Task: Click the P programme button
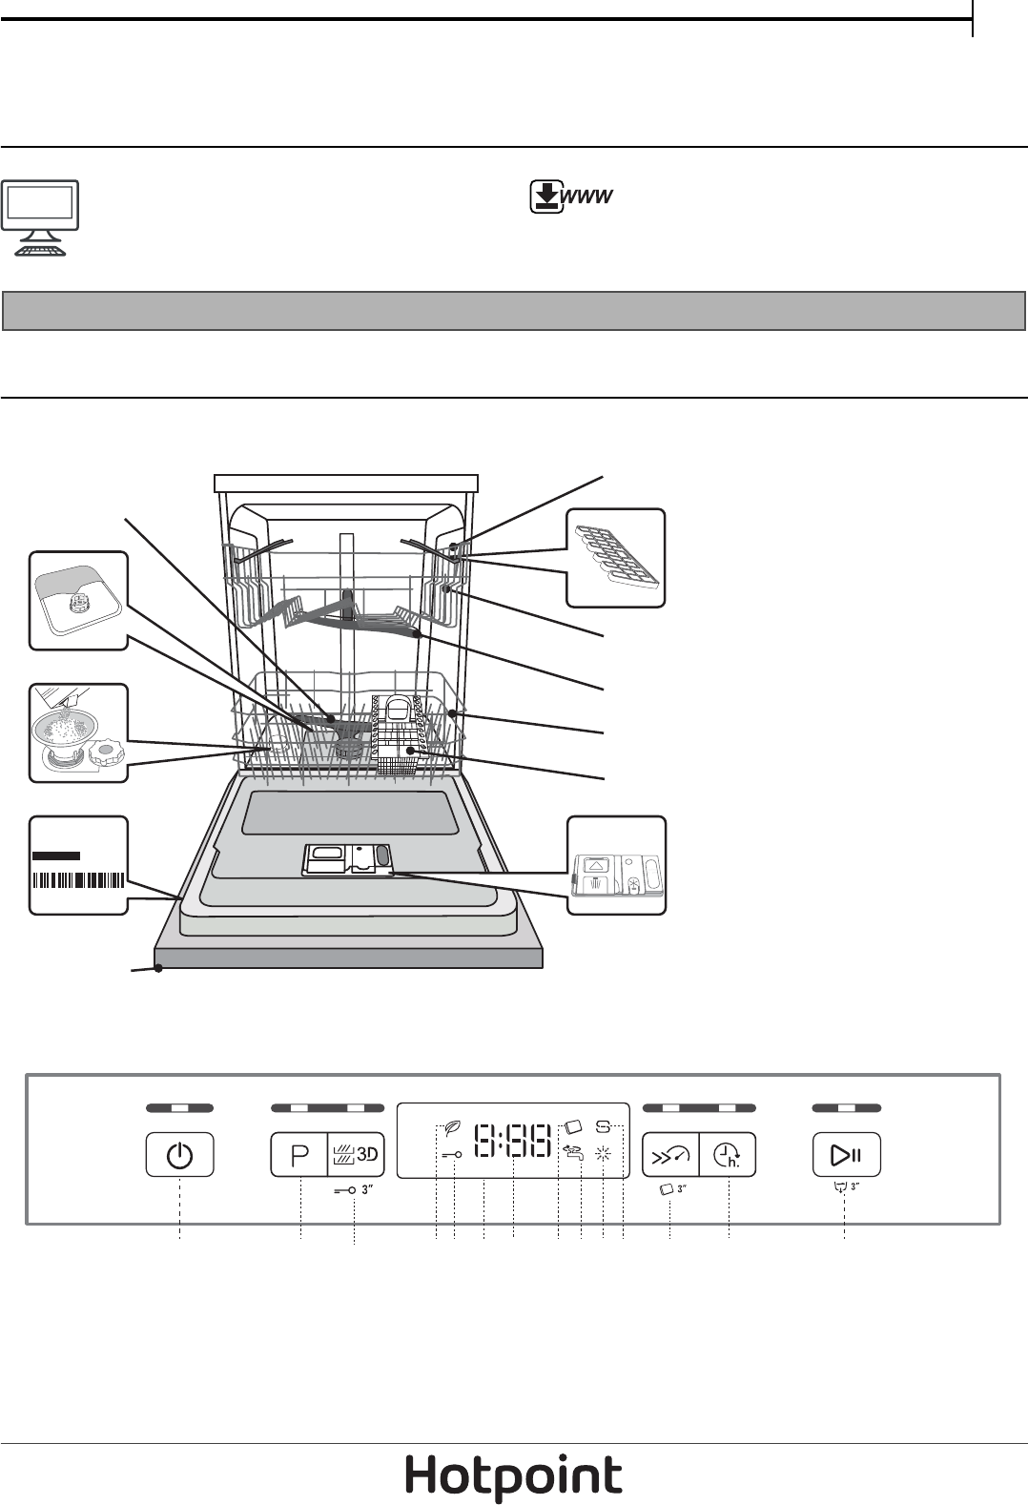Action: tap(300, 1155)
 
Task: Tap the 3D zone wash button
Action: tap(356, 1155)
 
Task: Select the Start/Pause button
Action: tap(846, 1155)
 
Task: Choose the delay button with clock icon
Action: tap(728, 1155)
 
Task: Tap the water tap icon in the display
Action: tap(573, 1152)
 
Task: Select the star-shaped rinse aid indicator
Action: tap(602, 1153)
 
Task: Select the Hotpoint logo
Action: tap(514, 1477)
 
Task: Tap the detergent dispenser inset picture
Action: tap(616, 865)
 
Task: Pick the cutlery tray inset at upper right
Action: tap(616, 558)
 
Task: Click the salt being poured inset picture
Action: tap(77, 732)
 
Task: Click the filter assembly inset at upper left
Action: tap(77, 600)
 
